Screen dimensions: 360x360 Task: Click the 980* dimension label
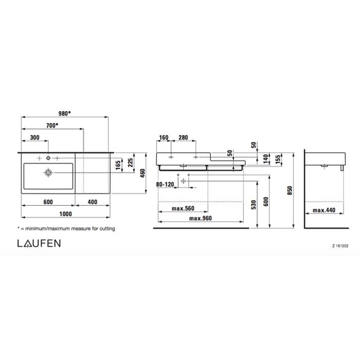[x=64, y=112]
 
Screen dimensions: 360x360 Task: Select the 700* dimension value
[x=52, y=125]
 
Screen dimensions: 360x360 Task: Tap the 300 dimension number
[x=34, y=138]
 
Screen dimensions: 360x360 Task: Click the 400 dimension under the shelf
[x=92, y=202]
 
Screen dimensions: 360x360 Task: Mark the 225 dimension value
[x=130, y=163]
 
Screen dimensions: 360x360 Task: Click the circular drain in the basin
[x=47, y=174]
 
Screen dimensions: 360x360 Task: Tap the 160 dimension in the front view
[x=163, y=138]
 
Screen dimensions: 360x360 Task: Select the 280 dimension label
[x=184, y=138]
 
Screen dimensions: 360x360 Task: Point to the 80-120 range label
[x=165, y=183]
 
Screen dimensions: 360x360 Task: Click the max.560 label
[x=182, y=209]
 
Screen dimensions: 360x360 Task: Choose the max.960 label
[x=201, y=218]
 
